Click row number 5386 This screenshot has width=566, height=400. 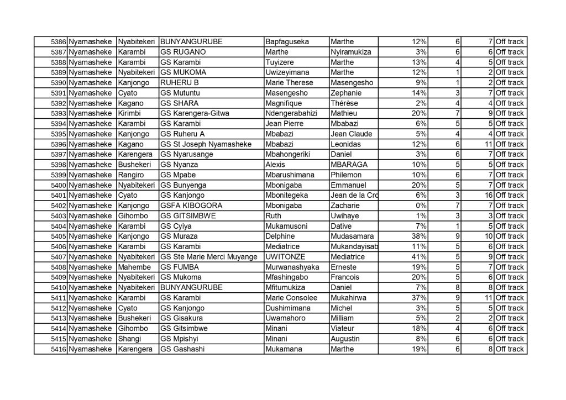click(x=59, y=42)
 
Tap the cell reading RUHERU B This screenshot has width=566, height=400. click(x=179, y=83)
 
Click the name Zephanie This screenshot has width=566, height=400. click(x=347, y=93)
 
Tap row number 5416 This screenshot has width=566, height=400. click(x=59, y=349)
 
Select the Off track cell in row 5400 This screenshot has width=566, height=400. click(x=509, y=185)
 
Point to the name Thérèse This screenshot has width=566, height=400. click(x=344, y=103)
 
